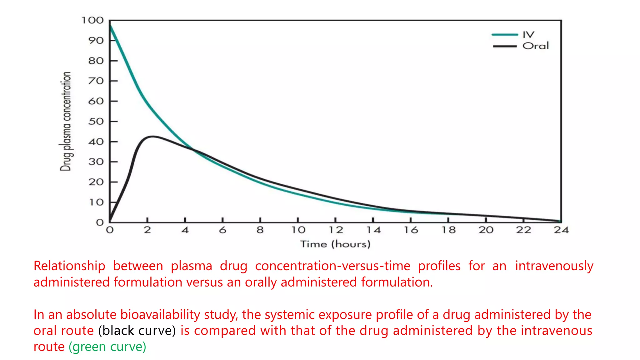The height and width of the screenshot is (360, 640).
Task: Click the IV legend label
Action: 528,34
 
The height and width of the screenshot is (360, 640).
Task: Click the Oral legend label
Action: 535,46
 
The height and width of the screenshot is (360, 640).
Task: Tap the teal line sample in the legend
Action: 504,35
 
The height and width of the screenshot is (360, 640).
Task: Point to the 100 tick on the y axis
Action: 92,21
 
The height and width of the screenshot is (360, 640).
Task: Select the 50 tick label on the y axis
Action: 96,121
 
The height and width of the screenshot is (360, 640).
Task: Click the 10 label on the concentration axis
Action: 96,202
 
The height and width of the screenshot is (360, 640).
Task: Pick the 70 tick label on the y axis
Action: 96,81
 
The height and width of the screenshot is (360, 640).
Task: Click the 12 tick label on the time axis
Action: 336,230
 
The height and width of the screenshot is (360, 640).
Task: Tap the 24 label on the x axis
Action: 561,230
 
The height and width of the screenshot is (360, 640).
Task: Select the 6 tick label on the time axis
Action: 222,230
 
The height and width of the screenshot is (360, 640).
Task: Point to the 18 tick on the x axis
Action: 448,230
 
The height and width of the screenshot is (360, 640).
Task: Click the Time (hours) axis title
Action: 335,244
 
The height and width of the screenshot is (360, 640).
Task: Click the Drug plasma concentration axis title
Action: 66,121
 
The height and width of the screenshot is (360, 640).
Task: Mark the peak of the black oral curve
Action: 152,136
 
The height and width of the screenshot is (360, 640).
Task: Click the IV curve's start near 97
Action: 110,26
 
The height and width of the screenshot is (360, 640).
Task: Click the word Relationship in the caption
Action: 69,266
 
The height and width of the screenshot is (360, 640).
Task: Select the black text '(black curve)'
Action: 137,331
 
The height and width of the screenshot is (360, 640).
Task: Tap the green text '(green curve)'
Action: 107,347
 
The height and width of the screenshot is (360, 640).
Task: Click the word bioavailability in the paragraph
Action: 160,314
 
